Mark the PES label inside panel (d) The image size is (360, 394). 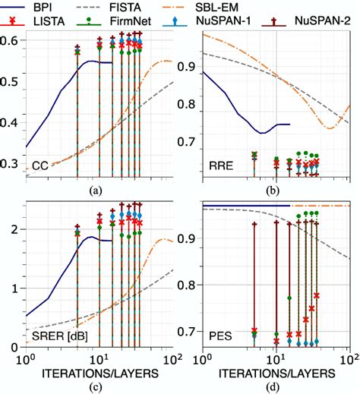pos(220,335)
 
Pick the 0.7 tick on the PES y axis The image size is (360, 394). pos(187,333)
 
